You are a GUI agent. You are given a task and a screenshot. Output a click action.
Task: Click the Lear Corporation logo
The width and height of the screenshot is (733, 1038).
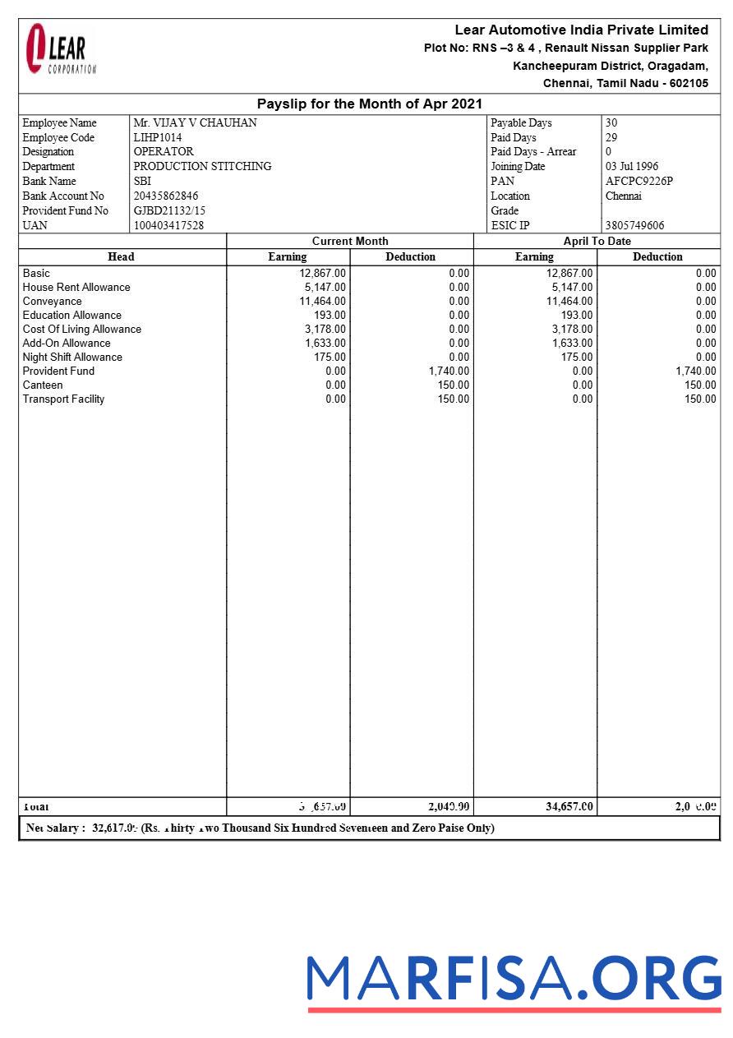click(60, 50)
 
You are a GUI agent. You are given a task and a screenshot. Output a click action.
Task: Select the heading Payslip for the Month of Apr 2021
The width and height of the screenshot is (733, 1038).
click(369, 104)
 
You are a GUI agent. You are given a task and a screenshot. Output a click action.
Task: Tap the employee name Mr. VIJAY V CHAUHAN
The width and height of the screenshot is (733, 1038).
click(195, 123)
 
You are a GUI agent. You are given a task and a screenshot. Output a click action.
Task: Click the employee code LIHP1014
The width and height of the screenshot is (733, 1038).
click(158, 138)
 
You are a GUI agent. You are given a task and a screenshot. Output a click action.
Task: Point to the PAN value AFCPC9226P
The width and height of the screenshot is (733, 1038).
click(638, 182)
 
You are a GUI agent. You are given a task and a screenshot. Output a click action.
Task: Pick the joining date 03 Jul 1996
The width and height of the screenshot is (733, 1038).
click(631, 167)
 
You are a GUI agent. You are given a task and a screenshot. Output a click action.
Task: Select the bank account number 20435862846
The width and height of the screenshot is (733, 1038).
click(166, 196)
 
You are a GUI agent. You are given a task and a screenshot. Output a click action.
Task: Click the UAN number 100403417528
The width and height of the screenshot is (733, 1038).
click(168, 225)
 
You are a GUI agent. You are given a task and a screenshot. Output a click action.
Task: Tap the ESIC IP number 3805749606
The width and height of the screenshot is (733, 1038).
click(634, 225)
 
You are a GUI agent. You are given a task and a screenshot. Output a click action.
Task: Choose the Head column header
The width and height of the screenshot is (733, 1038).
click(121, 257)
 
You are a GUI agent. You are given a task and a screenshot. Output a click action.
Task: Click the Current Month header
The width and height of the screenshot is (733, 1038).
click(350, 242)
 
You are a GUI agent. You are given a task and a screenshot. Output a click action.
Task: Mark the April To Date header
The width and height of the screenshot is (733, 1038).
click(597, 242)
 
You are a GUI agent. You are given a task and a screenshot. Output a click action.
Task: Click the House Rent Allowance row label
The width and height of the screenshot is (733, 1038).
click(76, 288)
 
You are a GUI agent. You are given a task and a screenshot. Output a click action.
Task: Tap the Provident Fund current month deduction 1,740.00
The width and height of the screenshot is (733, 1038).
click(449, 371)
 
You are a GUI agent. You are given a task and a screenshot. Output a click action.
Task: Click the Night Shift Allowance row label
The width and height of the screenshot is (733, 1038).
click(72, 358)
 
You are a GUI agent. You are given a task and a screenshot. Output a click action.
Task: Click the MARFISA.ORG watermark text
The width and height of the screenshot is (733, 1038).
click(514, 979)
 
